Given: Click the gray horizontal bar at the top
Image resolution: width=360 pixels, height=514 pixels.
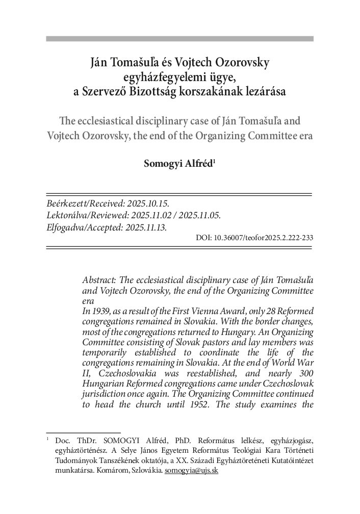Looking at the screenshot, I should point(179,38).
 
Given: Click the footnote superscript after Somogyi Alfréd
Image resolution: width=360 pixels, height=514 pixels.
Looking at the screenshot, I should point(215,163).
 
